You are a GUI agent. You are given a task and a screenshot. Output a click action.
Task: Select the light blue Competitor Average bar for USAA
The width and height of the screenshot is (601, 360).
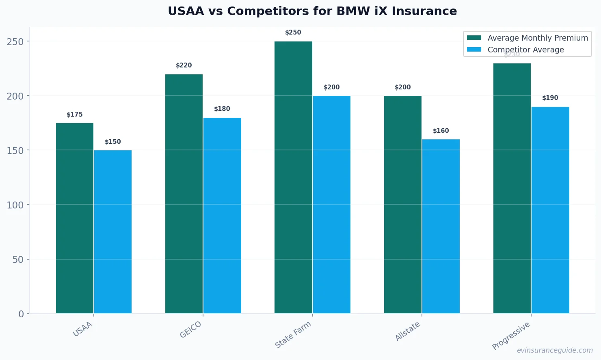[113, 232]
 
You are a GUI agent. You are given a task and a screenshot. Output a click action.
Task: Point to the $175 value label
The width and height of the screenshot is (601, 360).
[75, 115]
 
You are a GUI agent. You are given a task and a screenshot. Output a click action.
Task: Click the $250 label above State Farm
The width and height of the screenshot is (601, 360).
[293, 33]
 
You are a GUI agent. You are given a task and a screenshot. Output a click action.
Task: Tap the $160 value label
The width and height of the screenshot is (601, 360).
[441, 131]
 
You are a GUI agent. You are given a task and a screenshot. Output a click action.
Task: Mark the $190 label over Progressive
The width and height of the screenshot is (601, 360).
[550, 98]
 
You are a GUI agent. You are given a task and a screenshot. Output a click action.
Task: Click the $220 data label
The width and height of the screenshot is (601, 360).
[184, 65]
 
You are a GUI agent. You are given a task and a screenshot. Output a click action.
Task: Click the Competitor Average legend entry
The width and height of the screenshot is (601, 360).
[525, 50]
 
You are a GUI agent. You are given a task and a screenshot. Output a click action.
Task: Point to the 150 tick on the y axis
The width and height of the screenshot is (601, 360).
[15, 150]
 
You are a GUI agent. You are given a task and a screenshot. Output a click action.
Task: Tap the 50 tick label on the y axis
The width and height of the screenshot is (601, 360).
[18, 259]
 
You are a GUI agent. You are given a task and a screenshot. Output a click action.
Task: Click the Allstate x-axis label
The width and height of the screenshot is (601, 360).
[408, 331]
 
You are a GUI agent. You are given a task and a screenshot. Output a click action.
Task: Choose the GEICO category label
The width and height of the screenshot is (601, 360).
[191, 330]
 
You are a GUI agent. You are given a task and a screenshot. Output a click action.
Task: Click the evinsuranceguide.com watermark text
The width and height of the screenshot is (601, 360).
[555, 350]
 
